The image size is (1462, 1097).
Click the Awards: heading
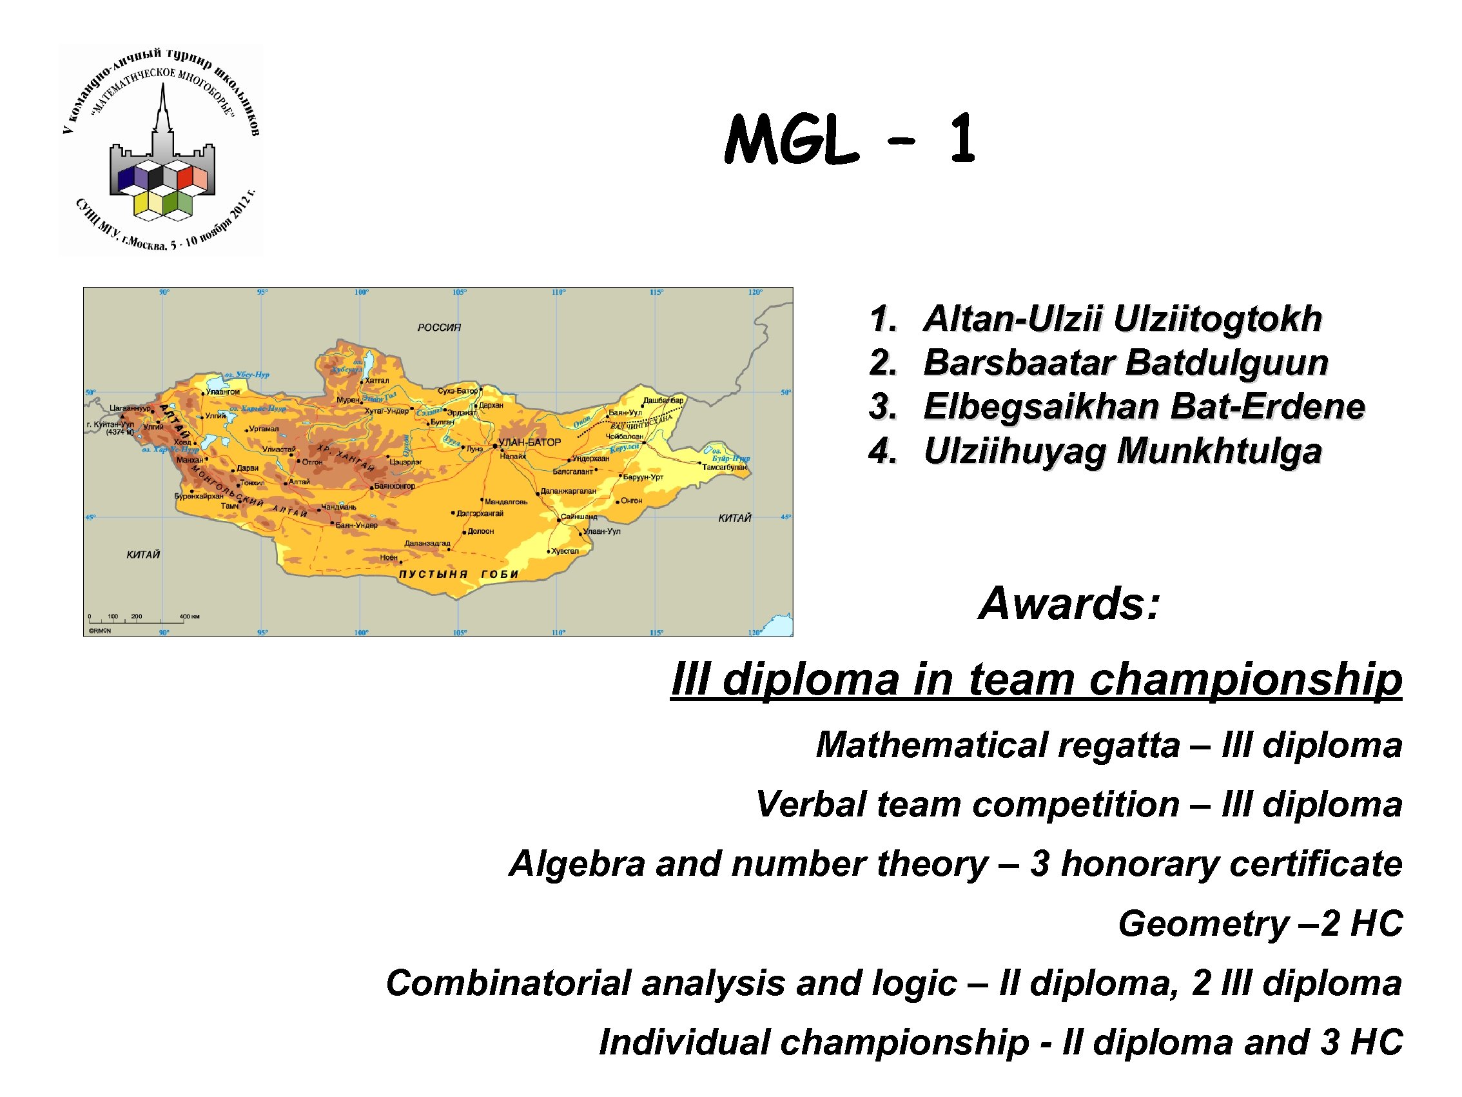pyautogui.click(x=1069, y=604)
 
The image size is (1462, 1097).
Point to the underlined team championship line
pyautogui.click(x=1036, y=679)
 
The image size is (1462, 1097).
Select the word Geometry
pyautogui.click(x=1203, y=924)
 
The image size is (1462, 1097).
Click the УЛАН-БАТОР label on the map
pyautogui.click(x=529, y=442)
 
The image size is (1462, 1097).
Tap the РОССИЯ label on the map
pyautogui.click(x=439, y=328)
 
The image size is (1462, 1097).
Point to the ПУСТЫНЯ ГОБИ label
pyautogui.click(x=459, y=574)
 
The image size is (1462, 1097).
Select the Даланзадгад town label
pyautogui.click(x=427, y=544)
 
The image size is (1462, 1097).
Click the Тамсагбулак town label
pyautogui.click(x=725, y=468)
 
